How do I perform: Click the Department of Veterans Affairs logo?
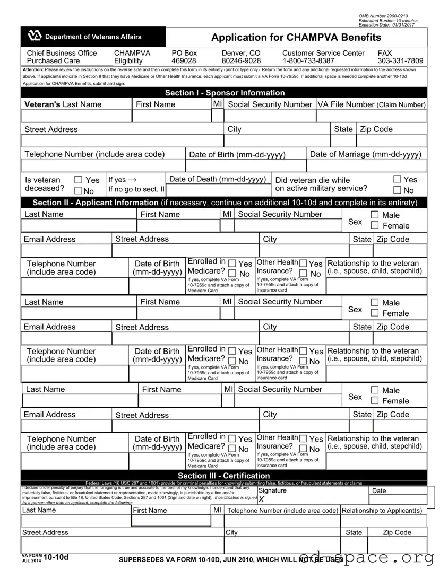(x=35, y=37)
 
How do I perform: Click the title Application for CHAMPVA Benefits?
(x=296, y=37)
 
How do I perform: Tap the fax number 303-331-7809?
(x=400, y=61)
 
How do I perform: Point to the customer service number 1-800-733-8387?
(x=308, y=61)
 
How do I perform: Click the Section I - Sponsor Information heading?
(x=225, y=93)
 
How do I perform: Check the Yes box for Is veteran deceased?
(x=78, y=180)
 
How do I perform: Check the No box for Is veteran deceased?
(x=78, y=191)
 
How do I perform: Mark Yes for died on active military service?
(x=398, y=179)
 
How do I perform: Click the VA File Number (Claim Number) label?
(x=372, y=104)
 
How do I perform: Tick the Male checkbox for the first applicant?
(x=375, y=215)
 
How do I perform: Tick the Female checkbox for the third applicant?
(x=375, y=401)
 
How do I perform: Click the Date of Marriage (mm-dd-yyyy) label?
(x=366, y=154)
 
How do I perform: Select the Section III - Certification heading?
(x=223, y=476)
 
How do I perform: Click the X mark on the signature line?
(x=262, y=499)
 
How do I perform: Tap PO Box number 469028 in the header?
(x=184, y=61)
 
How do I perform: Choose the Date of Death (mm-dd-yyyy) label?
(x=218, y=179)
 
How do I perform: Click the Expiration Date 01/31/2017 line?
(x=387, y=25)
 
